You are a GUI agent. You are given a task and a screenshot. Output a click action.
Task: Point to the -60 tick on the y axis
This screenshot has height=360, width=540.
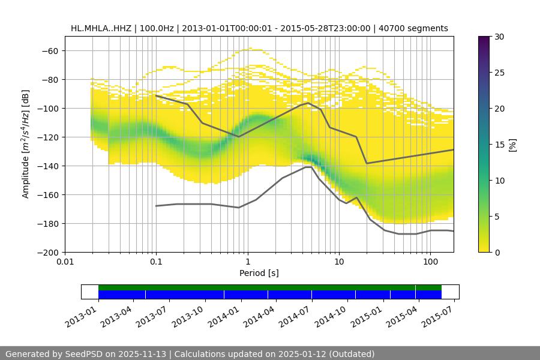49,50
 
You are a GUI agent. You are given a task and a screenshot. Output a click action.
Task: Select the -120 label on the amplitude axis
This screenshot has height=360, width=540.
47,137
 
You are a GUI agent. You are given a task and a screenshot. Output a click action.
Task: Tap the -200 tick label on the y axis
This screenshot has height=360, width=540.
47,252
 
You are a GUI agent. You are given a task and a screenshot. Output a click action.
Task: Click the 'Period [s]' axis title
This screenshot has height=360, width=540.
259,273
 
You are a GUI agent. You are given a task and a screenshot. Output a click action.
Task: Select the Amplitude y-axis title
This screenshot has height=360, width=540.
26,144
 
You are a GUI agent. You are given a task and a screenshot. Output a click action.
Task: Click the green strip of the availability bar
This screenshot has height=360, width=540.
270,287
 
